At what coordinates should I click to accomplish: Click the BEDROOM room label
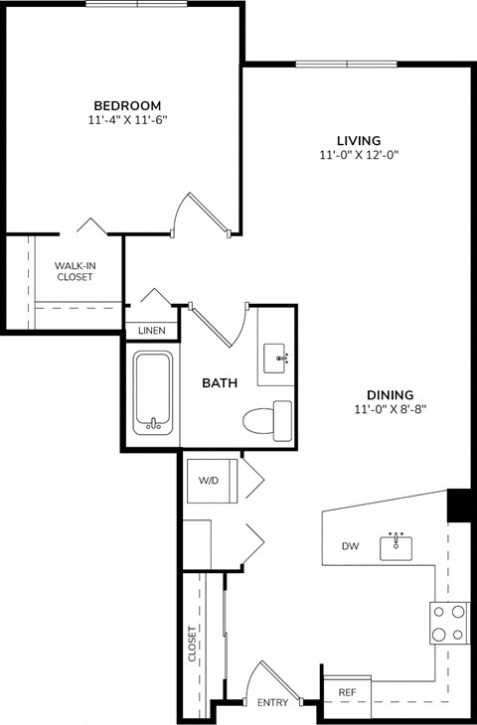(127, 105)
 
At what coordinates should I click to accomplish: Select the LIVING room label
(358, 140)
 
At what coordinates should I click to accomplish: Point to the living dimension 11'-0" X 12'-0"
(358, 155)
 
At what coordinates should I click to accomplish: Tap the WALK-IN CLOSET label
(75, 271)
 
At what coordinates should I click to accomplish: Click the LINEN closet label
(151, 331)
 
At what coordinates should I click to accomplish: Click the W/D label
(209, 481)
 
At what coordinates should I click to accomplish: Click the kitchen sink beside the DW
(397, 545)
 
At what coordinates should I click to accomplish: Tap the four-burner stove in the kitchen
(449, 623)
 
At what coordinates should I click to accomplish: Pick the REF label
(347, 691)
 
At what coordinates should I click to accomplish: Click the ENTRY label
(272, 703)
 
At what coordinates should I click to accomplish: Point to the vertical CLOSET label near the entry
(193, 644)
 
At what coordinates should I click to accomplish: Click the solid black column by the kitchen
(458, 505)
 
